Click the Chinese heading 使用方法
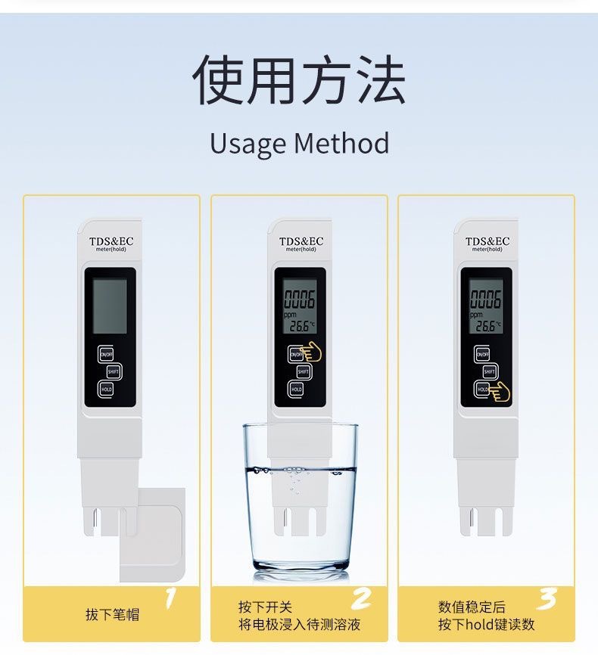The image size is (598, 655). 299,79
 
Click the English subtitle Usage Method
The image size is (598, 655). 299,144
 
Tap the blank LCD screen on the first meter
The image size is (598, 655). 110,306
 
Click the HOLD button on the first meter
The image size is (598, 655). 106,389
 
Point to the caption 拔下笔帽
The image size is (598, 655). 112,615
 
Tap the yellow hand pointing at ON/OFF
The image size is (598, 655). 311,352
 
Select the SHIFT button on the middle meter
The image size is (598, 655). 304,371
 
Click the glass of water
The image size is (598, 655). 300,499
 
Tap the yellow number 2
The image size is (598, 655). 362,600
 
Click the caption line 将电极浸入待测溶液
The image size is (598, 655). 299,625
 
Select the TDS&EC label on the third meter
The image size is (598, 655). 487,241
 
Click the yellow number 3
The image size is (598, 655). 547,600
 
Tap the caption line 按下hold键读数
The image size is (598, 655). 486,625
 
